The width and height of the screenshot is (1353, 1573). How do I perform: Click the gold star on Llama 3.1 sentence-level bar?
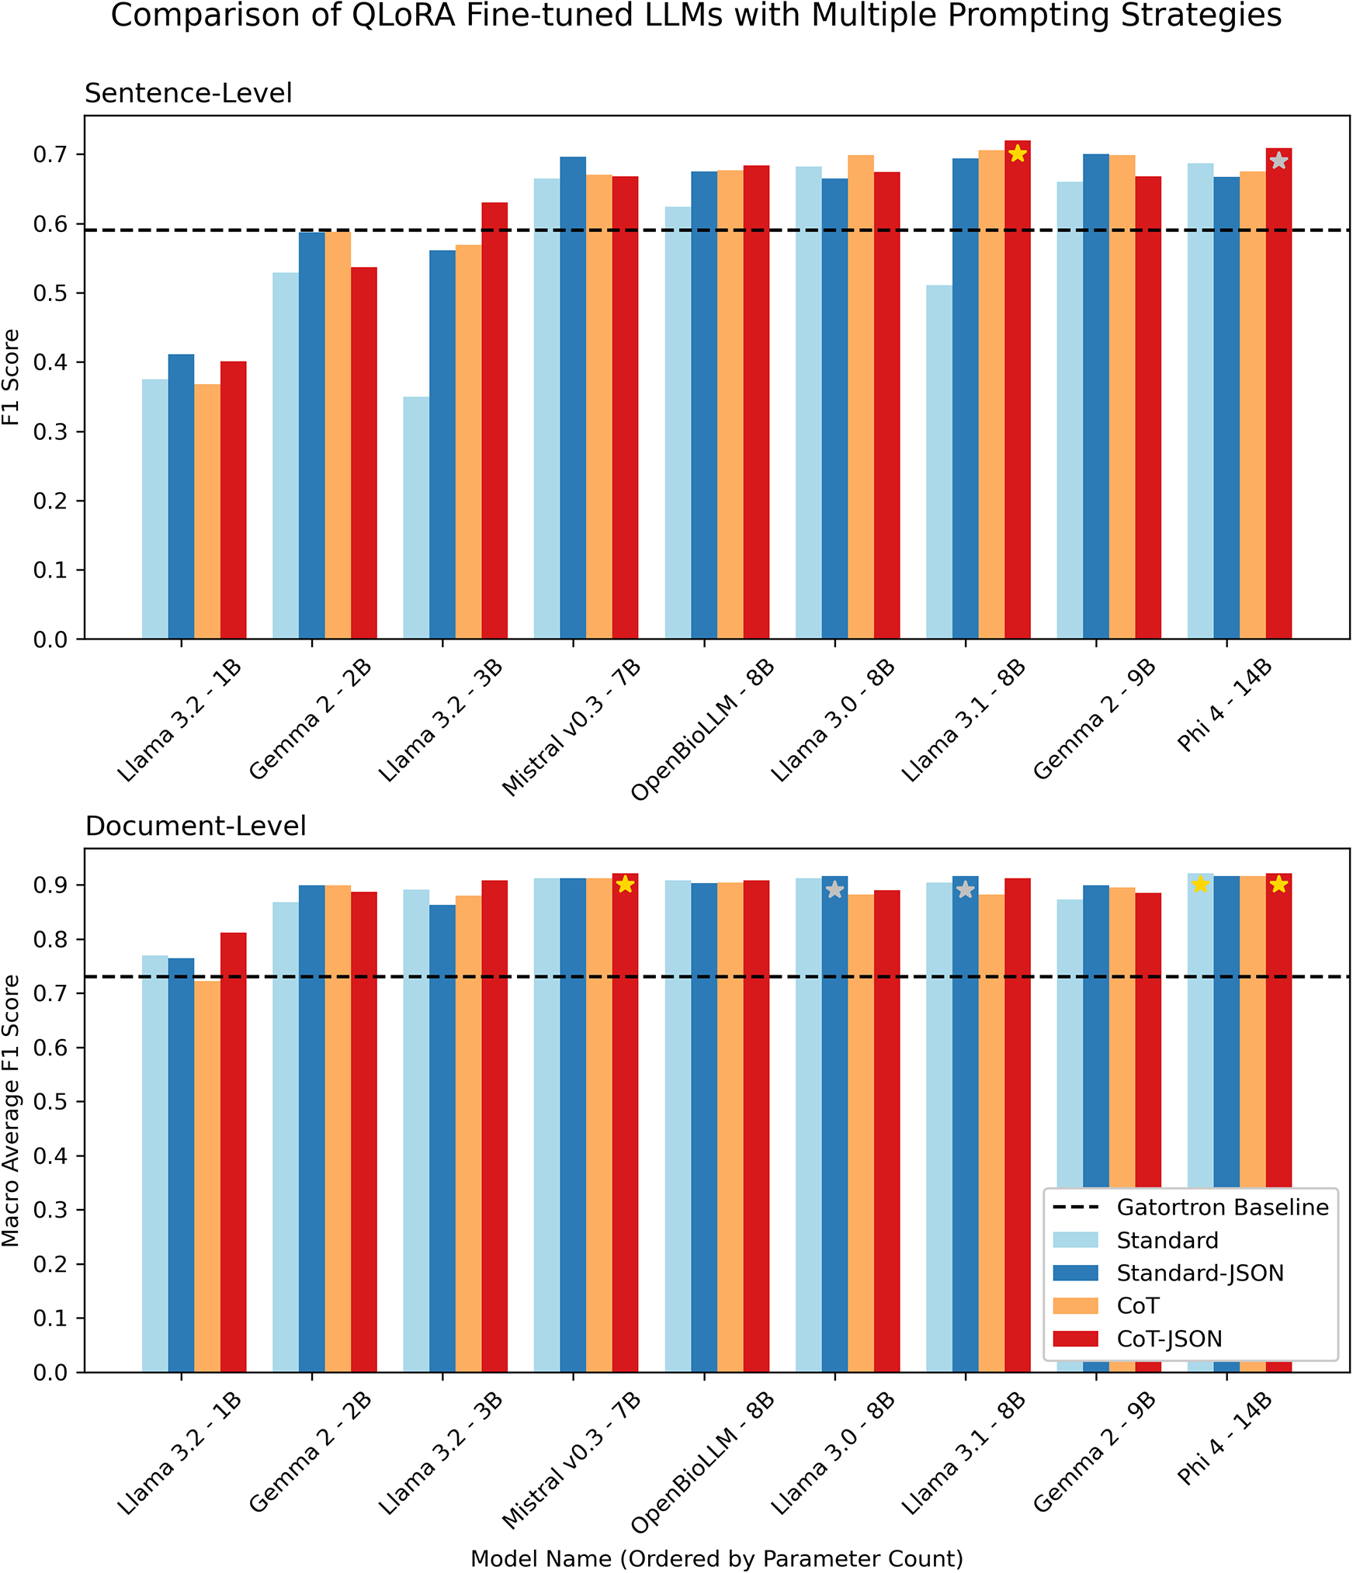(1018, 154)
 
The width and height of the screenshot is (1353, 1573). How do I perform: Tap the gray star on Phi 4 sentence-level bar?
(1278, 161)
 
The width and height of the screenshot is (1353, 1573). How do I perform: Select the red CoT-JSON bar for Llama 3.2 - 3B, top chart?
(494, 419)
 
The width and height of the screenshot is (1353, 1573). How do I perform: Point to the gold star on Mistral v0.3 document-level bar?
(625, 885)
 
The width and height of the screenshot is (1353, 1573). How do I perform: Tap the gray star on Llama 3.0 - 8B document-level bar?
(834, 890)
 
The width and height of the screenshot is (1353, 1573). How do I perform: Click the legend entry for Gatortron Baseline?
(1222, 1207)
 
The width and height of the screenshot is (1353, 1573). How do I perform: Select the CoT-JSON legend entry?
(1169, 1339)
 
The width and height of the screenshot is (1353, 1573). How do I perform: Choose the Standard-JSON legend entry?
(1199, 1273)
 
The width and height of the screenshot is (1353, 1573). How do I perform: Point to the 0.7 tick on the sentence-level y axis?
(50, 154)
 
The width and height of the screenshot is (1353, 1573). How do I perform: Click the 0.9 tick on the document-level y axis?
(50, 885)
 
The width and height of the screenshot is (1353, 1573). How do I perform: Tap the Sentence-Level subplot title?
(188, 93)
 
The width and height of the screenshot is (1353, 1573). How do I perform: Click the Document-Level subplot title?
(196, 826)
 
